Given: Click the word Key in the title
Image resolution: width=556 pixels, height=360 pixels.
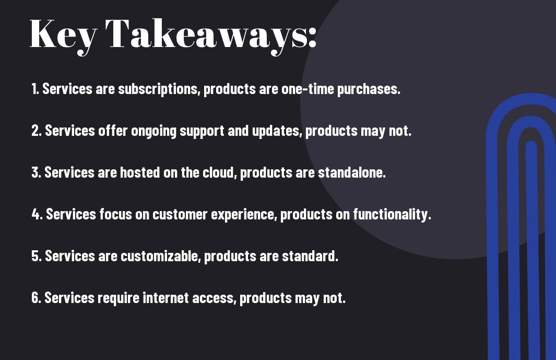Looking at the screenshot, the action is (x=63, y=36).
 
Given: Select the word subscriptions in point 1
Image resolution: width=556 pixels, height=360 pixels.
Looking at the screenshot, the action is (x=158, y=89).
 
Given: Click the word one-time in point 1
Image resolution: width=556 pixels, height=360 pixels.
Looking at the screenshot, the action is (x=307, y=89).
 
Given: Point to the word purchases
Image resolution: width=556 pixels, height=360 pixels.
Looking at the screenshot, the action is (x=369, y=89).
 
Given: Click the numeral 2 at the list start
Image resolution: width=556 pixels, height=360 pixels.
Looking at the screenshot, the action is (x=36, y=131).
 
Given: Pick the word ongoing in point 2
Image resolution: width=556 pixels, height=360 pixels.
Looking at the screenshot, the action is (x=154, y=131).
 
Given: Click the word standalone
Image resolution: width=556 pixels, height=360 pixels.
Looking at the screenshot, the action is (x=352, y=172).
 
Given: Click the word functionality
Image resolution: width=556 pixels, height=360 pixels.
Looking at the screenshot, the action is (x=392, y=214).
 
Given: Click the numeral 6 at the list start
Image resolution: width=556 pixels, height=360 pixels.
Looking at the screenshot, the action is (x=36, y=297).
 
